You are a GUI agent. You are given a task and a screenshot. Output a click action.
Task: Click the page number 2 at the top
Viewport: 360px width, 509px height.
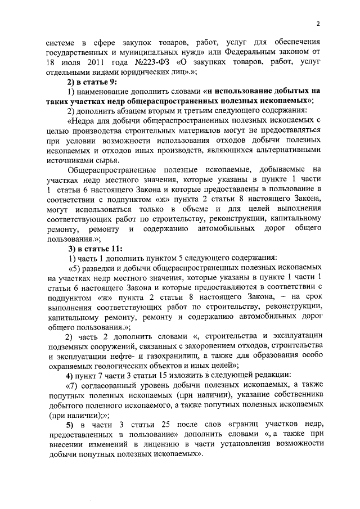click(x=318, y=23)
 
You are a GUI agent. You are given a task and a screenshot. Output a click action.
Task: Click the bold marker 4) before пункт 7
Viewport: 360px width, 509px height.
click(x=70, y=375)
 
